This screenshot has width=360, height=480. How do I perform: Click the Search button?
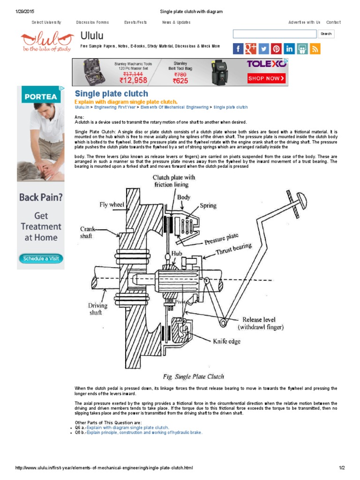326,34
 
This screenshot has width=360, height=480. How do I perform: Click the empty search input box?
275,34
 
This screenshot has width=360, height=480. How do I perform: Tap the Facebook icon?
238,49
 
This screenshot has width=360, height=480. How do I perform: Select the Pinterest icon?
276,49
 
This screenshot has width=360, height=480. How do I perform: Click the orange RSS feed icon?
315,49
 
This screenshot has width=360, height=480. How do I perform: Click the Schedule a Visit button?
41,258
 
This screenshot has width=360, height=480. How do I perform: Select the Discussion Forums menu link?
92,22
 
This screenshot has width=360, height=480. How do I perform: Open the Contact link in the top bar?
333,22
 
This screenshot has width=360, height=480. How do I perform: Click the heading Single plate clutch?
112,94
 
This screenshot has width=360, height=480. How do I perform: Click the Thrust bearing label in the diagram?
233,249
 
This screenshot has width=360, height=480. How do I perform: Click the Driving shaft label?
98,309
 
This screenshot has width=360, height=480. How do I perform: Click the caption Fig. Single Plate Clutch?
194,376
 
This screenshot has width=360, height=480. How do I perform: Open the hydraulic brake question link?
144,432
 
